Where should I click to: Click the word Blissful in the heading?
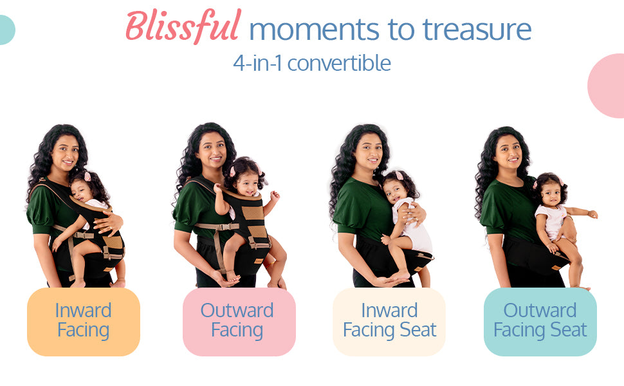coord(183,26)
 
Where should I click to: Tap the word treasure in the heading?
coord(477,30)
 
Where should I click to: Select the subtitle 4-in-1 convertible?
coord(312,63)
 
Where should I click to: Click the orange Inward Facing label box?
coord(84,322)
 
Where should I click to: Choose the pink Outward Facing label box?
coord(239,322)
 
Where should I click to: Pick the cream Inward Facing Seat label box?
coord(389,322)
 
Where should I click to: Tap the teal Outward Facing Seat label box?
coord(540,322)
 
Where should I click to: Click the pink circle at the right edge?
coord(607,86)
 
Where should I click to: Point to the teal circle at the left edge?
coord(7,30)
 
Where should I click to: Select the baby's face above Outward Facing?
coord(247,184)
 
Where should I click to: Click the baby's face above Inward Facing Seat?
coord(394,192)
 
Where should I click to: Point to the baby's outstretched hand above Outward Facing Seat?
coord(592,214)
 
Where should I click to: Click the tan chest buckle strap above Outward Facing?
coord(217,226)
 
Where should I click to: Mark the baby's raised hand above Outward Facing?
coord(275,196)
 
